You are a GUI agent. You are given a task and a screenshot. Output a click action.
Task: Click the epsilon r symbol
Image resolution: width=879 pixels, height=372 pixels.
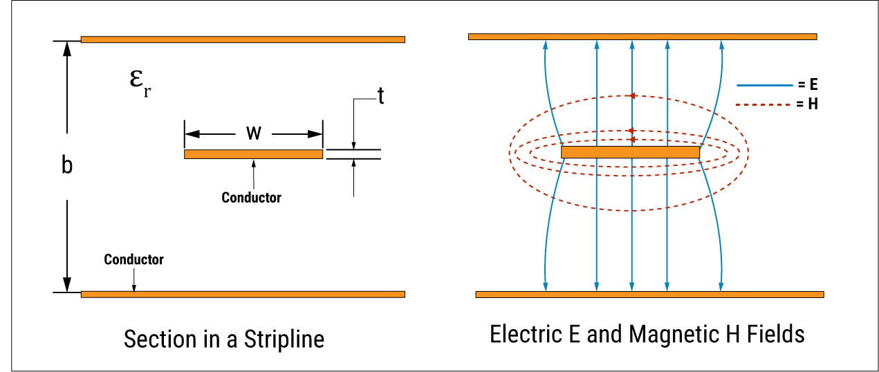(139, 81)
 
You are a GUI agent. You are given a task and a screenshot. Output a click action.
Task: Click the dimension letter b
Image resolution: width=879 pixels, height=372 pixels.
(67, 166)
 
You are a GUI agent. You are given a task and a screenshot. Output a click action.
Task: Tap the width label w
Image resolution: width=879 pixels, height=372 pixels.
(254, 133)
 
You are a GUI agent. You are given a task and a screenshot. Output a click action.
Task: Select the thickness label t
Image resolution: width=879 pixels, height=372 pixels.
(380, 96)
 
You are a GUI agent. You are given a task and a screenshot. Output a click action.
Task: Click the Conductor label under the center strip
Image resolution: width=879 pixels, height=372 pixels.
(251, 198)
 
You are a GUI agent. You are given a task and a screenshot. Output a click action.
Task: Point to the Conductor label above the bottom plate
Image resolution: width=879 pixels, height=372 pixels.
(133, 260)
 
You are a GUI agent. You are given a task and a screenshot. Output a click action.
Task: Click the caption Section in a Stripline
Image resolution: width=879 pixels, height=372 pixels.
(224, 340)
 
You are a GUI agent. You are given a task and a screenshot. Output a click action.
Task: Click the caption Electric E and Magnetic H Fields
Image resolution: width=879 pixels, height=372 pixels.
(647, 335)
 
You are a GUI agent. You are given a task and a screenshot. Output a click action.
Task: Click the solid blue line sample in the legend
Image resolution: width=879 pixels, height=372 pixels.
(764, 85)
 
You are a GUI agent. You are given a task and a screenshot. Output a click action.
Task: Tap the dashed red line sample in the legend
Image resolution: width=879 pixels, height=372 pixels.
(764, 105)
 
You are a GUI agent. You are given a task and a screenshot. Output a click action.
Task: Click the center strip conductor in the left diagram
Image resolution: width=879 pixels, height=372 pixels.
(253, 154)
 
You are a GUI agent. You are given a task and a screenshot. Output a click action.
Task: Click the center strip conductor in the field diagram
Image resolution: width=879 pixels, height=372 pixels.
(630, 152)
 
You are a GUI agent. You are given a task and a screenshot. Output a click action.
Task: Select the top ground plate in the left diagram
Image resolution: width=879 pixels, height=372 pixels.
(243, 39)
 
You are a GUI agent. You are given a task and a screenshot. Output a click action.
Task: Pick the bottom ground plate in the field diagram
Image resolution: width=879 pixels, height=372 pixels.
(649, 295)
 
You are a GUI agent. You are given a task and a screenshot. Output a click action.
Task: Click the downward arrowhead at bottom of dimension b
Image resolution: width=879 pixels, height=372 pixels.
(67, 284)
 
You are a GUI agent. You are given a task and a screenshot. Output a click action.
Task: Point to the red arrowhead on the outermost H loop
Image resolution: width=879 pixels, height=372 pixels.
(630, 96)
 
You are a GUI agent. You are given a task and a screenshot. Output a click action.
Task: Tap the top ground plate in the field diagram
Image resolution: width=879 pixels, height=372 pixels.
(642, 36)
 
